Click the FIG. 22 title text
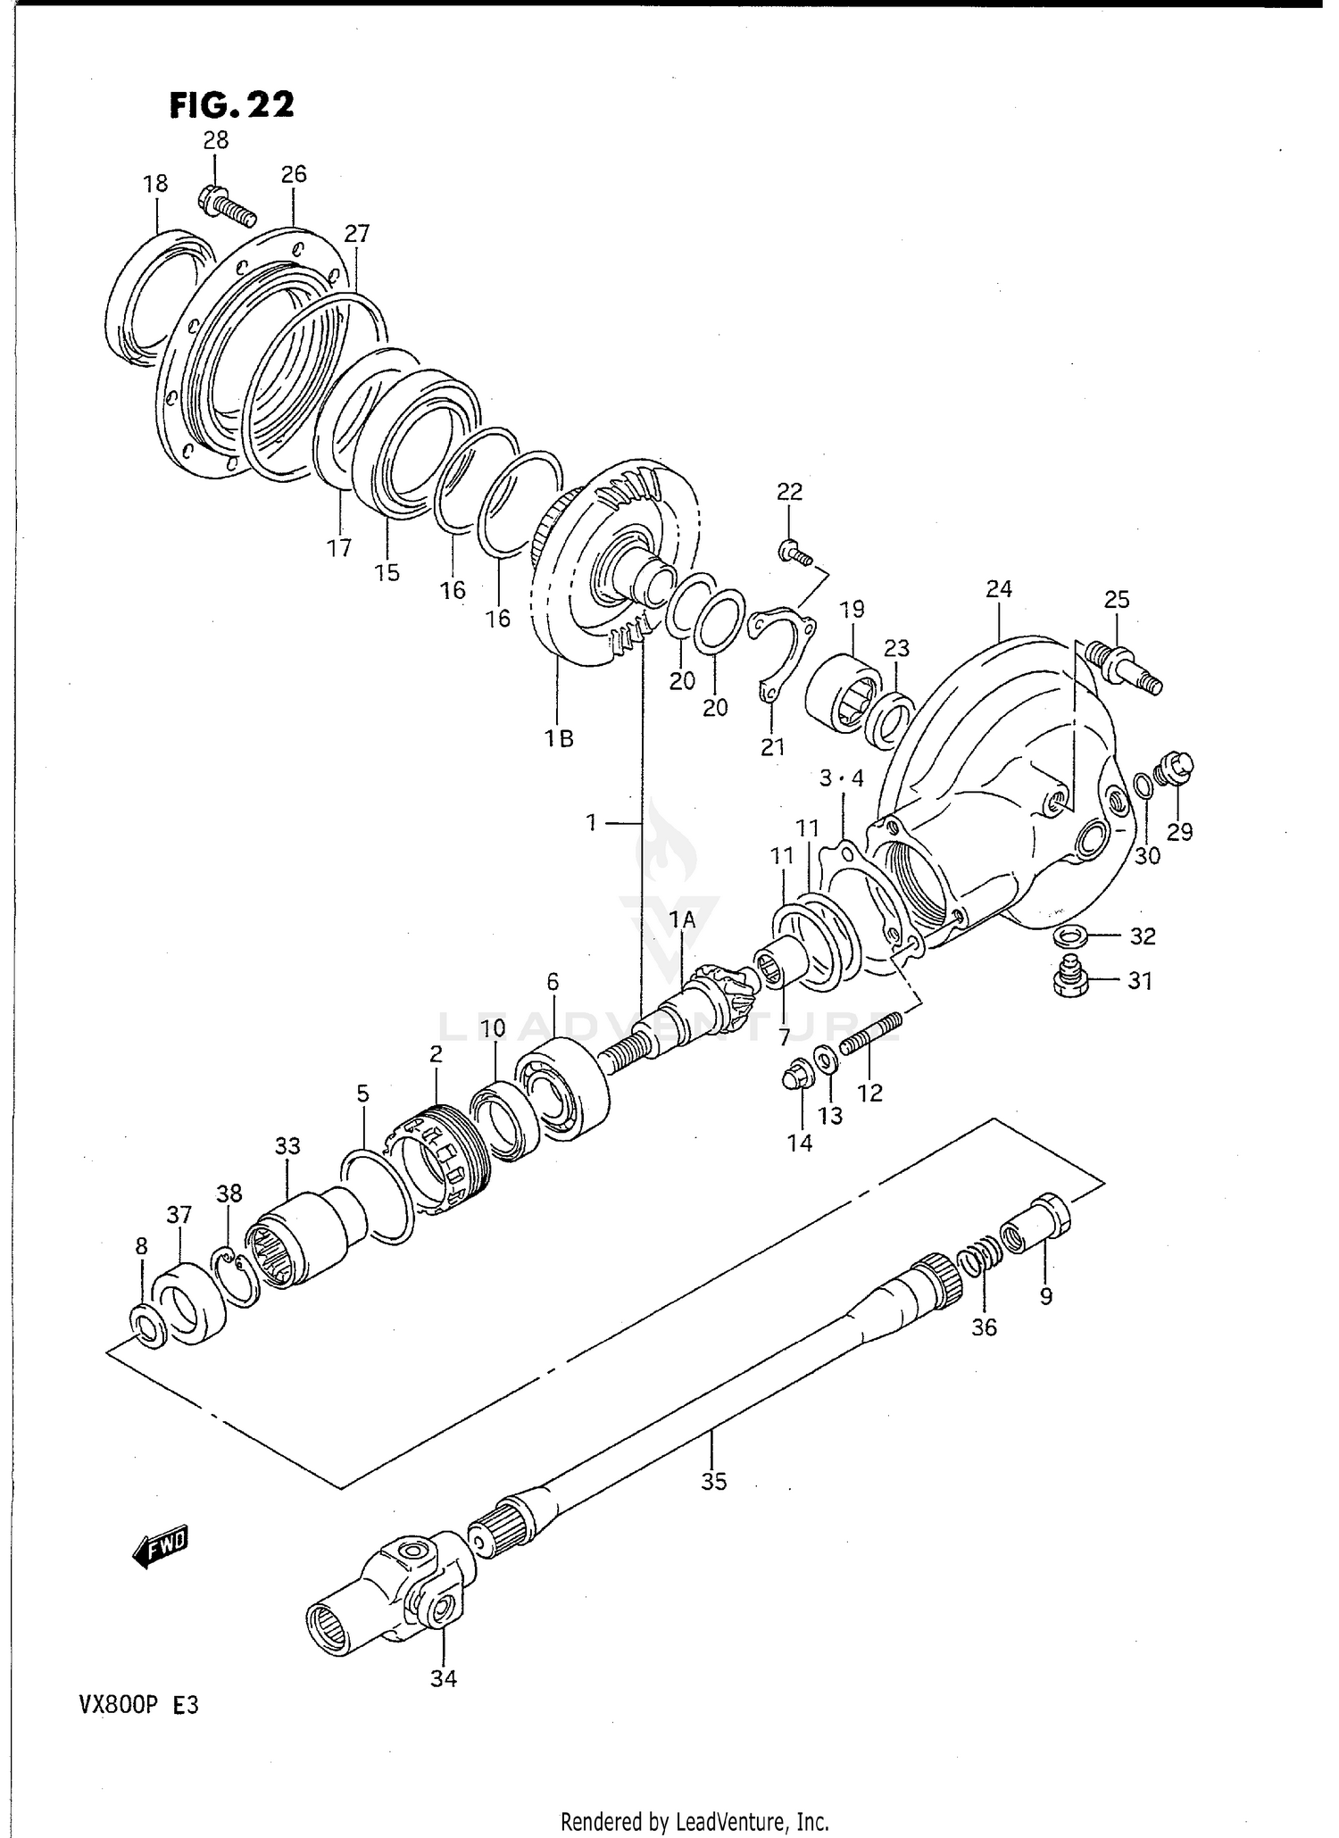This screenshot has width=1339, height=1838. point(231,105)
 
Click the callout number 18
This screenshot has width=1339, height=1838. point(155,184)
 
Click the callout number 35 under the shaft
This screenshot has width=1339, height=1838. point(713,1482)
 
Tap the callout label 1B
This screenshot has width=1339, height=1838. point(560,739)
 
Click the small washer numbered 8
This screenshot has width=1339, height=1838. point(147,1326)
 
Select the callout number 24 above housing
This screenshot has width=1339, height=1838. point(999,589)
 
